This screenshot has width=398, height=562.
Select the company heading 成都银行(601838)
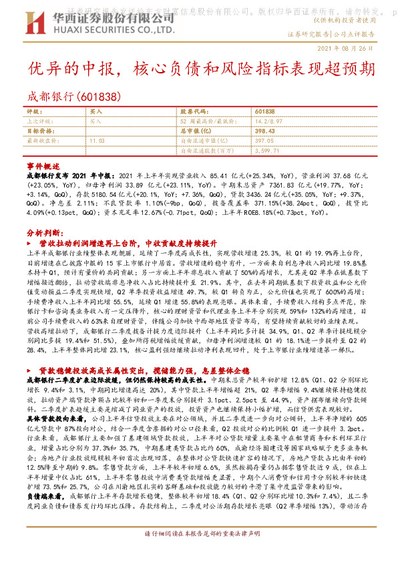click(74, 95)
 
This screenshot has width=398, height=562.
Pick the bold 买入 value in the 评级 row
click(96, 111)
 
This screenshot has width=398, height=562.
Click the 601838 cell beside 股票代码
click(264, 111)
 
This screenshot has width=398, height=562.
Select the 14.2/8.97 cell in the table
click(267, 121)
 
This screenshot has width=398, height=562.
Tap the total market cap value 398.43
click(265, 131)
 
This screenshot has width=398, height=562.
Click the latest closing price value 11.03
click(97, 141)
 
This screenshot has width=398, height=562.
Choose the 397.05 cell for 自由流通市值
click(265, 141)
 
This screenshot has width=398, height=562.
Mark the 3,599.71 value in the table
click(268, 151)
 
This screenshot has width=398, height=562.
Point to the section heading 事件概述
click(43, 165)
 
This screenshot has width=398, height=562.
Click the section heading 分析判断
click(44, 234)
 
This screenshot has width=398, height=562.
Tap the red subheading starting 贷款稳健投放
click(140, 370)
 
